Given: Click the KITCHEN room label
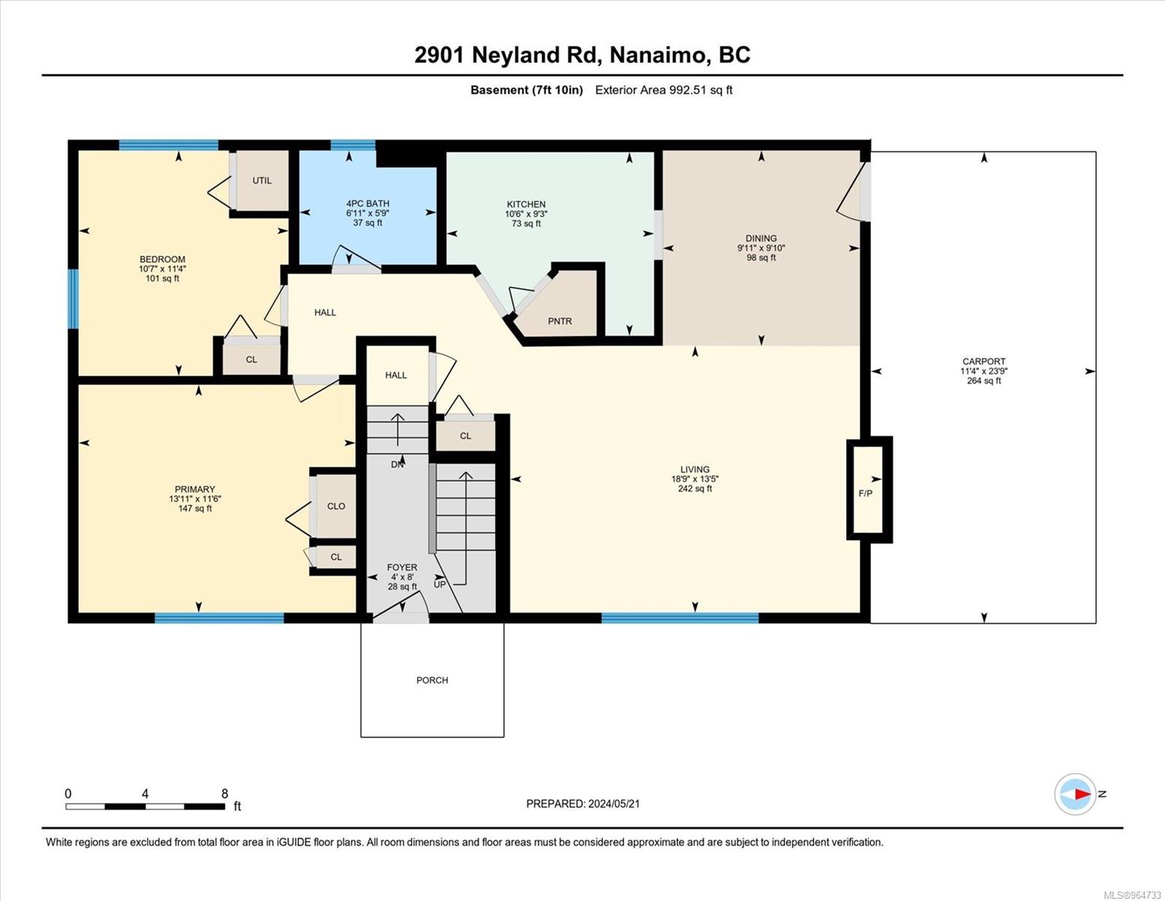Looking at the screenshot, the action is click(526, 204).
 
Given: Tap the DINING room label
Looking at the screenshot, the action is click(761, 238).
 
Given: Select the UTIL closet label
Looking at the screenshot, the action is click(262, 180).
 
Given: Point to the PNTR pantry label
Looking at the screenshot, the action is click(560, 321).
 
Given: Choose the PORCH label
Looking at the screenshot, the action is click(432, 680).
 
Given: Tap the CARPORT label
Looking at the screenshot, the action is click(983, 361).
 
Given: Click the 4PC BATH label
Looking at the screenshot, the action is click(368, 203).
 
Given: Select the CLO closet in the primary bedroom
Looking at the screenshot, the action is click(336, 506).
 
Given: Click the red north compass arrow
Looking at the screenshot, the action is click(1082, 794).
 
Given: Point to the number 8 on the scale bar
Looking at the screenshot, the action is click(224, 793).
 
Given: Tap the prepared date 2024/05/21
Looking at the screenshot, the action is click(614, 803).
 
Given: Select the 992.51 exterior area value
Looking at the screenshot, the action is click(689, 89).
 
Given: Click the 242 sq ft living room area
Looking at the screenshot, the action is click(695, 488).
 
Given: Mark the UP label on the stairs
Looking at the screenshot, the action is click(440, 584).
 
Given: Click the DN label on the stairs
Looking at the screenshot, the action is click(398, 464).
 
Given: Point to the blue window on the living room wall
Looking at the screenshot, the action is click(680, 618).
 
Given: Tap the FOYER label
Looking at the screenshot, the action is click(402, 567).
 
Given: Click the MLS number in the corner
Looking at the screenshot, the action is click(1132, 895).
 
